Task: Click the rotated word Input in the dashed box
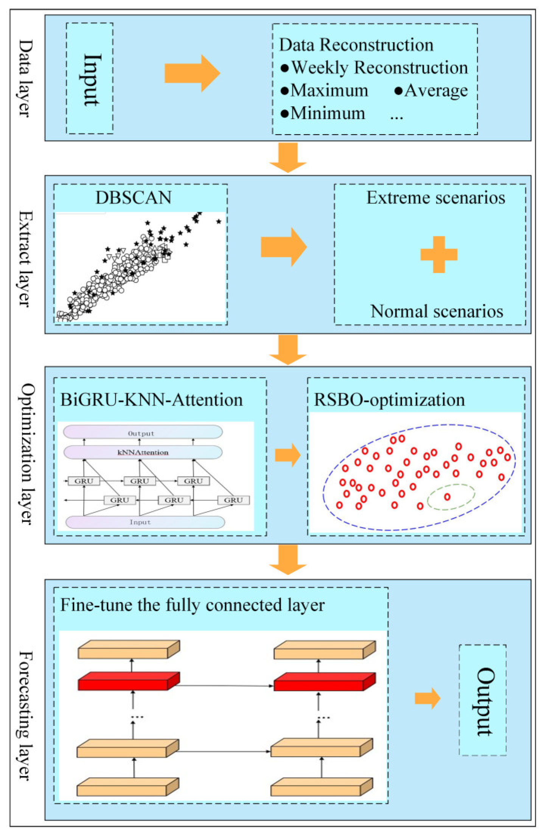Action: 91,79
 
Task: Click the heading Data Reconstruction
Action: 356,45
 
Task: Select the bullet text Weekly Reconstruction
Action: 379,68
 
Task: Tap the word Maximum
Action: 329,91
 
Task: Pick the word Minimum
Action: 328,113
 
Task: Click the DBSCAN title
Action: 133,198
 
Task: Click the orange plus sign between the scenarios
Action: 439,254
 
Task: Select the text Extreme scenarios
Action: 435,198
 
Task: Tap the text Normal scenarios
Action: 437,312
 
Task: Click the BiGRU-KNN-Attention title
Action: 151,400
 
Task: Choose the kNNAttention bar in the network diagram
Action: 143,452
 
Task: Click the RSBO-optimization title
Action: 389,400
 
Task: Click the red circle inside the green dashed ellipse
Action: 447,497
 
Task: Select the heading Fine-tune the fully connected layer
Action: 192,605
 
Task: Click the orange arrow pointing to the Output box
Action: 427,698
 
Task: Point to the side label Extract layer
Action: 25,259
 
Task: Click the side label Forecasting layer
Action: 25,715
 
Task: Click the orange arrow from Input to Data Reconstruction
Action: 192,73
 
